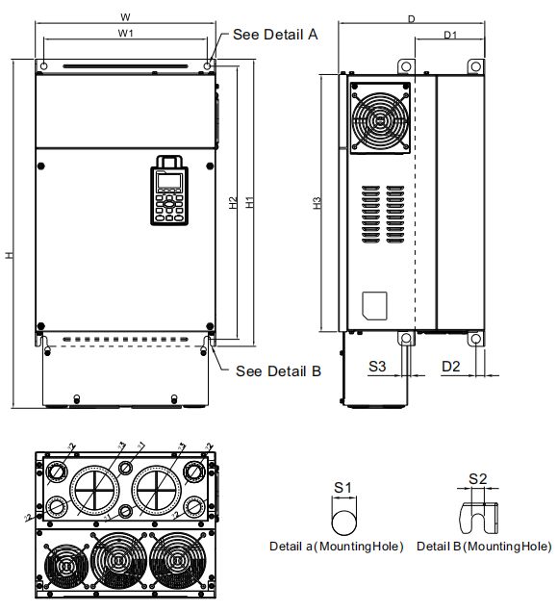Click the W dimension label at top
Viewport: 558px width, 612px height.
(126, 17)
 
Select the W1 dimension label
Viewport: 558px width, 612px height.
(126, 34)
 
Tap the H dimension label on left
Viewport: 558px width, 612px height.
(10, 255)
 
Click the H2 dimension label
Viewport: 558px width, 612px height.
(233, 203)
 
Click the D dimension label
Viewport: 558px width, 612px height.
(412, 18)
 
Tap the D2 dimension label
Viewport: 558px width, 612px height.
(451, 367)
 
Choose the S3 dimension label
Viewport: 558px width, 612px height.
(378, 367)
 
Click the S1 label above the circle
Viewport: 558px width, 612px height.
(342, 488)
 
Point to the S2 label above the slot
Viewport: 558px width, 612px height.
(477, 478)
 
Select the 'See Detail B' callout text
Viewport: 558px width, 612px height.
(278, 371)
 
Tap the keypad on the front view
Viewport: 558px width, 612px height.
(167, 191)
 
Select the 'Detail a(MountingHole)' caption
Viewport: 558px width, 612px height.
(336, 546)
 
